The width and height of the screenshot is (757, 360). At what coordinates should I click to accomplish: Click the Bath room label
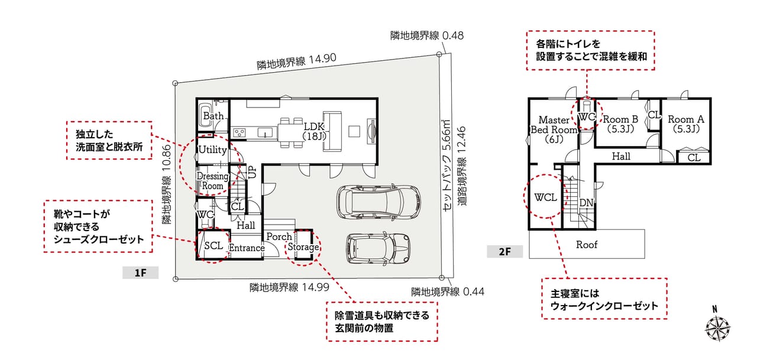(213, 116)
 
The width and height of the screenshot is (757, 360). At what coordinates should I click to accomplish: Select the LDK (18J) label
(314, 131)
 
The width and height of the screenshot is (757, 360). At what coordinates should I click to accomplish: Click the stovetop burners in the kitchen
(240, 132)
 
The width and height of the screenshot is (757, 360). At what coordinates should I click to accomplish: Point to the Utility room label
(212, 150)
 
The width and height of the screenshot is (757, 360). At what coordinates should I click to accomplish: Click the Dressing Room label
(212, 181)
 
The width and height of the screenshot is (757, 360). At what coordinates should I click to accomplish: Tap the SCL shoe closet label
(213, 245)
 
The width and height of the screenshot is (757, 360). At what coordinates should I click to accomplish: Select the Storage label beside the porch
(303, 247)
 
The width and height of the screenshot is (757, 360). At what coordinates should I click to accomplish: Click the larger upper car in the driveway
(378, 202)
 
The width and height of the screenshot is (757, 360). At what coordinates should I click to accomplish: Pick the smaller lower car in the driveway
(378, 248)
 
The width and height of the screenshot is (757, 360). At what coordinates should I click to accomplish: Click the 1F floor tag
(140, 273)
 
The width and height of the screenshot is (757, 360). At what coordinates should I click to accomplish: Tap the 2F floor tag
(504, 252)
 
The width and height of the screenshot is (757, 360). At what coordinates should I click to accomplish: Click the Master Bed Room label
(554, 129)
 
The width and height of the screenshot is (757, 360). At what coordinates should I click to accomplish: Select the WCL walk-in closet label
(545, 197)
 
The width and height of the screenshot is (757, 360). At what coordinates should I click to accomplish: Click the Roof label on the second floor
(587, 244)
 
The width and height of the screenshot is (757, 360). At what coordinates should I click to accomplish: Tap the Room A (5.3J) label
(686, 124)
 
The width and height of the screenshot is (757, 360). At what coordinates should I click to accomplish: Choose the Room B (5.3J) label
(620, 124)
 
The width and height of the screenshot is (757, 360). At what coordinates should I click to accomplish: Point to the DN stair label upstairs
(586, 203)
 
